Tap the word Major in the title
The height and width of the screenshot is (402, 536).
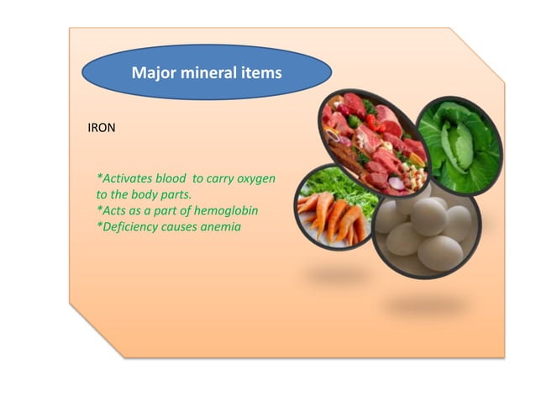[x=152, y=73]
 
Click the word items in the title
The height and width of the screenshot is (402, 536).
[x=260, y=73]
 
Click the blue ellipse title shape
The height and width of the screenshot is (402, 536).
[x=207, y=73]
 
